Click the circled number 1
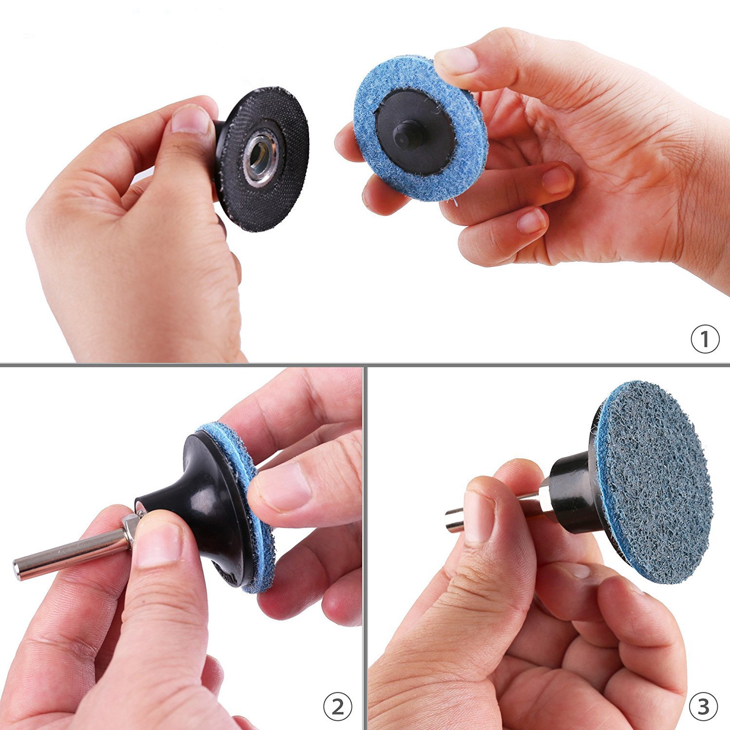pyautogui.click(x=705, y=339)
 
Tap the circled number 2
pyautogui.click(x=338, y=707)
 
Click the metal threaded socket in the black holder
pyautogui.click(x=262, y=160)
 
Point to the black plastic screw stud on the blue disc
pyautogui.click(x=405, y=135)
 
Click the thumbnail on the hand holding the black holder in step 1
pyautogui.click(x=190, y=120)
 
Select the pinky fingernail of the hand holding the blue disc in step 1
pyautogui.click(x=531, y=222)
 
